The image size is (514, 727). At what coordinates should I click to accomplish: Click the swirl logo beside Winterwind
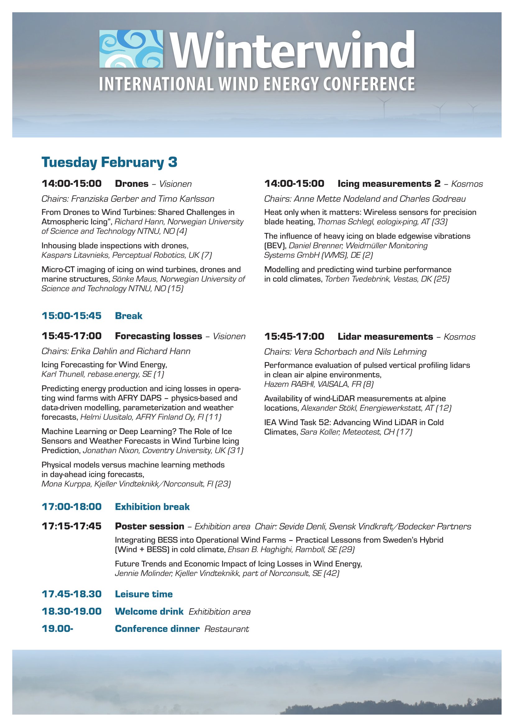tap(131, 49)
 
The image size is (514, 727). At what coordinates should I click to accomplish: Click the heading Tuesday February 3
tap(109, 162)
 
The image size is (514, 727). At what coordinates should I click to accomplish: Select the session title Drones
tap(132, 184)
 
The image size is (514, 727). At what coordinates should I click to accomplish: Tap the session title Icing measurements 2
tap(389, 184)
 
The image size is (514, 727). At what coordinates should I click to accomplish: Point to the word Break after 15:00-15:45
tap(129, 316)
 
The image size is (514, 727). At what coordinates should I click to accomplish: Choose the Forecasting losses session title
tap(158, 336)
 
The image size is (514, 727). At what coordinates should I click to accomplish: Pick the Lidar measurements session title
tap(385, 337)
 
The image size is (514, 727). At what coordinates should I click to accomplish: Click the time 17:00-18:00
tap(71, 507)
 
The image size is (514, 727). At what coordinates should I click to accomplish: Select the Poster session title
tap(149, 526)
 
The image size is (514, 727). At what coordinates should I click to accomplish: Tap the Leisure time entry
tap(144, 594)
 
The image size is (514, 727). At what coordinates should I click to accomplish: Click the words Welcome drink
tap(149, 611)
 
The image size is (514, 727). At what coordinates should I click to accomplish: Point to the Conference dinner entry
tap(157, 629)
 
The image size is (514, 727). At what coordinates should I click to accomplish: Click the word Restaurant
tap(227, 629)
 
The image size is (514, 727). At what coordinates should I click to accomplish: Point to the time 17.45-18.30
tap(71, 594)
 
